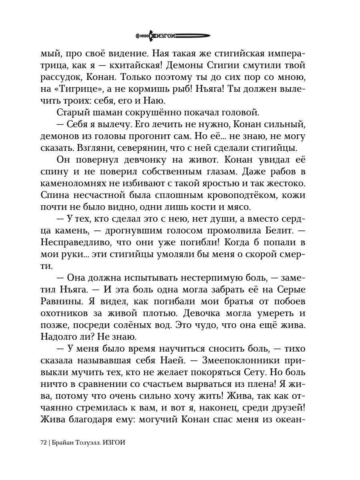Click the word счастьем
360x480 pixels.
pyautogui.click(x=158, y=384)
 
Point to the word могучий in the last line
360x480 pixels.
pyautogui.click(x=159, y=420)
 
